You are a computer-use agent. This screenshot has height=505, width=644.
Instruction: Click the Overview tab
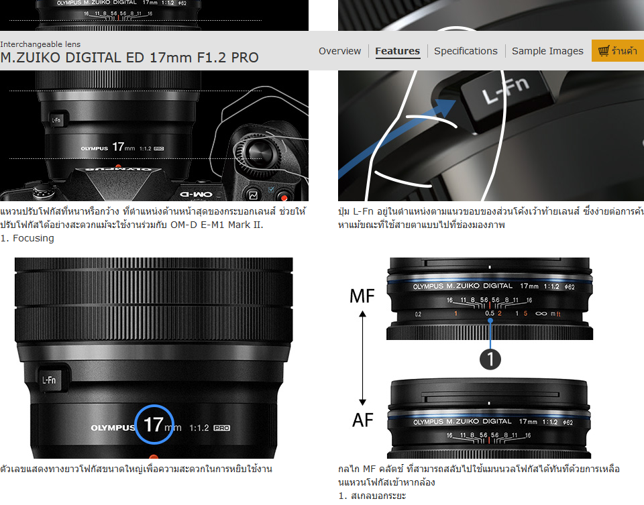point(339,51)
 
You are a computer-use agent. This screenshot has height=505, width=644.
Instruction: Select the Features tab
point(397,51)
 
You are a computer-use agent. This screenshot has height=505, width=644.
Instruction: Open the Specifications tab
point(466,51)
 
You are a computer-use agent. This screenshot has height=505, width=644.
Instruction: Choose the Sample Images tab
point(547,51)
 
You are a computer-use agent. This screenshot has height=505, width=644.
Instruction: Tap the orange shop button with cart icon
point(617,51)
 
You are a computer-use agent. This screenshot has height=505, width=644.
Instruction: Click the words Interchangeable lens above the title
point(40,44)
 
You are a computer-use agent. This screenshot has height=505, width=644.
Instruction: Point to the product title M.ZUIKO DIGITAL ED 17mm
point(129,58)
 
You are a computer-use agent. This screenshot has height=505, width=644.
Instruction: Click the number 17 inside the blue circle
point(153,425)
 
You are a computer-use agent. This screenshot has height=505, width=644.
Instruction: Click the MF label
point(362,296)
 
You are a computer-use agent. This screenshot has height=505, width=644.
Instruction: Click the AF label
point(362,420)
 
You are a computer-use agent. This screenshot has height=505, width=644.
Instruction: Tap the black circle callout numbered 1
point(490,359)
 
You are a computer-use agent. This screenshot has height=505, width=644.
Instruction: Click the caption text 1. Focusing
point(28,238)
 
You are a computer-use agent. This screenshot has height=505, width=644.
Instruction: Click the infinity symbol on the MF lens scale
point(541,314)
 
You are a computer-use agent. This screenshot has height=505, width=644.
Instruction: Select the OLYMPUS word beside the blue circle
point(113,427)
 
